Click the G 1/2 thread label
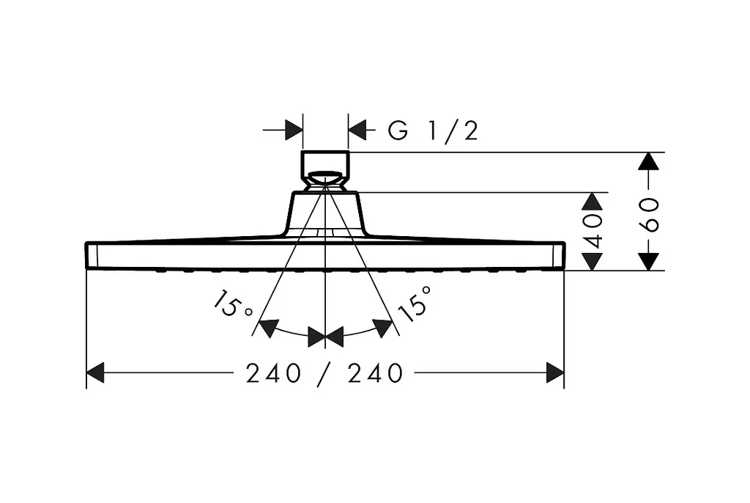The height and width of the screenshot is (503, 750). [433, 131]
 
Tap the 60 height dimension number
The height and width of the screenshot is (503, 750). [649, 215]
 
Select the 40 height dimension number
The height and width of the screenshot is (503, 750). [593, 231]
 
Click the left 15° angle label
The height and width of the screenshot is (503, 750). [231, 304]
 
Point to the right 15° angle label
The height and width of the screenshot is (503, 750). [415, 304]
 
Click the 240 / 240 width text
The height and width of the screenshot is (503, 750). [324, 373]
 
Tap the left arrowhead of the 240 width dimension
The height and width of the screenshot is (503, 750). [95, 372]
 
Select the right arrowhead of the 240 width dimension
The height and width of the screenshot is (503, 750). [555, 372]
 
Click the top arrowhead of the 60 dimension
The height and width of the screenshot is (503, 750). [649, 161]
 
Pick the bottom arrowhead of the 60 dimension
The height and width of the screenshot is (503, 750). [649, 262]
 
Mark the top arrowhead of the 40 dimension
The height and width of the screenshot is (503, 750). [593, 201]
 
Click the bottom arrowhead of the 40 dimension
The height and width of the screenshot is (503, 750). [593, 262]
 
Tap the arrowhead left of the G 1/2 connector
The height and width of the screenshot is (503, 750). [294, 130]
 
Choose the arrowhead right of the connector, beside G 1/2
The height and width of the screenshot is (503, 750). [357, 130]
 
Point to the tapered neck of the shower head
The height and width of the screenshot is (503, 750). [325, 213]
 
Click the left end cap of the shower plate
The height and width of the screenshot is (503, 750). [92, 255]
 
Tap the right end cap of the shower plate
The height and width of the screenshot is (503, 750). [559, 255]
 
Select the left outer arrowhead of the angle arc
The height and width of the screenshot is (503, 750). [268, 328]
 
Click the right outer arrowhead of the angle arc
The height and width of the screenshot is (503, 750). [382, 328]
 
